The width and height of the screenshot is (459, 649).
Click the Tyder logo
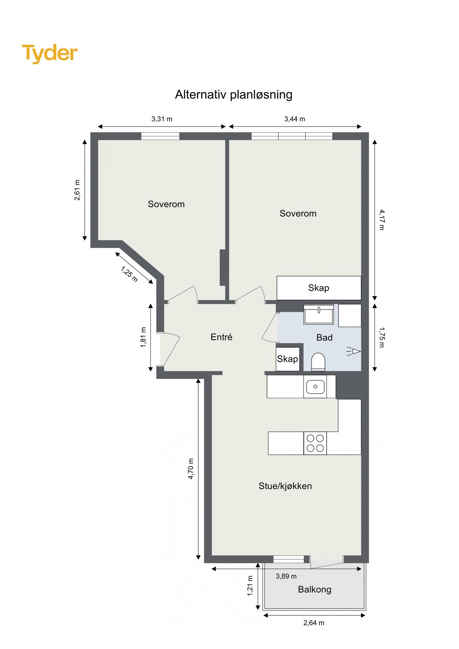49,53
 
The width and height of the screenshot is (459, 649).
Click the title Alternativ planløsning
233,94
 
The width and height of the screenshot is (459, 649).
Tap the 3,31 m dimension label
162,119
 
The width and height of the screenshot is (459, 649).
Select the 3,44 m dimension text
295,119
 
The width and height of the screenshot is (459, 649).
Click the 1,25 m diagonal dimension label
129,274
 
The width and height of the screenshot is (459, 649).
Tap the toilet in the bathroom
318,362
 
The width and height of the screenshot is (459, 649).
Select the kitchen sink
315,387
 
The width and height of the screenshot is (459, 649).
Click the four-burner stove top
315,443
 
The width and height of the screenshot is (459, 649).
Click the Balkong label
314,590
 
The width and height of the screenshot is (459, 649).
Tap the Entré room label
221,337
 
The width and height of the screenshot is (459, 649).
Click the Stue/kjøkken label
285,486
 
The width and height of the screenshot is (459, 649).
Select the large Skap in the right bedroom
319,288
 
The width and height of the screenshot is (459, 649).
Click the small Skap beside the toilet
287,359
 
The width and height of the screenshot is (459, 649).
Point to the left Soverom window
160,136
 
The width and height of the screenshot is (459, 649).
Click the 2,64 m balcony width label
314,623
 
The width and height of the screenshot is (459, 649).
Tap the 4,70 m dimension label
191,468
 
